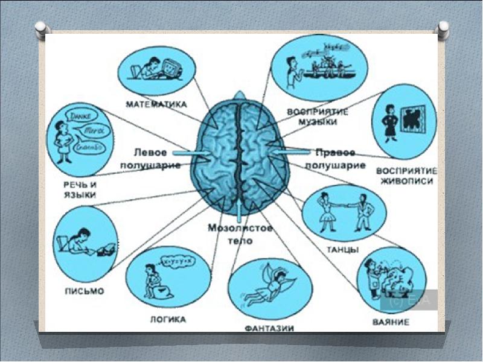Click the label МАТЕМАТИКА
pyautogui.click(x=155, y=104)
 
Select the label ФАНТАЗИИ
pyautogui.click(x=269, y=329)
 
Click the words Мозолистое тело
pyautogui.click(x=240, y=234)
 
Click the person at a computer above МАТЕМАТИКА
pyautogui.click(x=158, y=68)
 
